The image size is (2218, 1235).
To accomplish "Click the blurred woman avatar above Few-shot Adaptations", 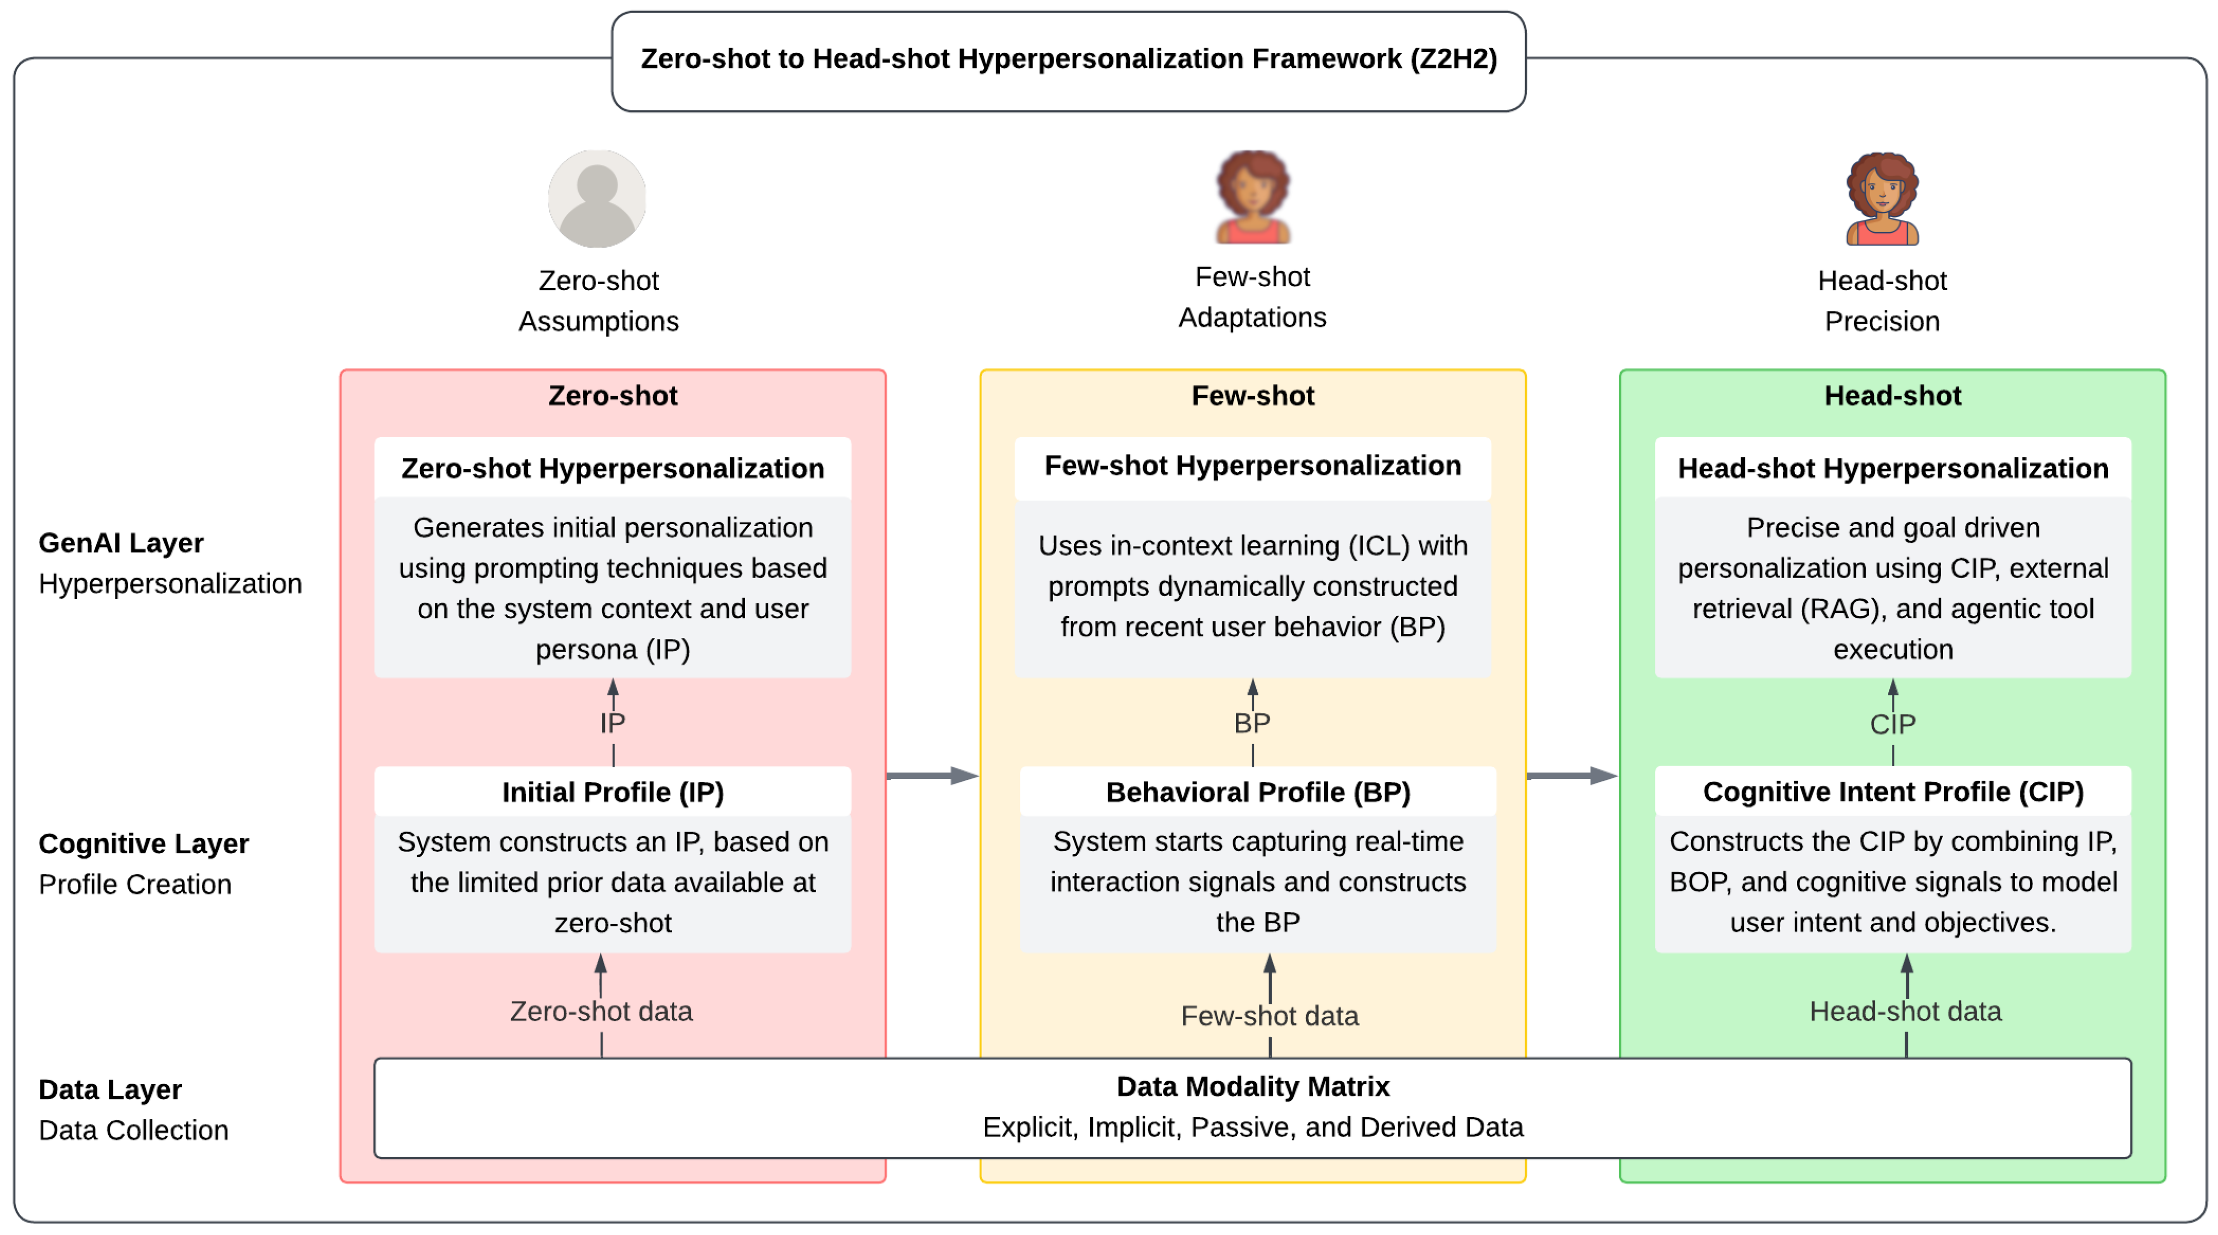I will (1253, 197).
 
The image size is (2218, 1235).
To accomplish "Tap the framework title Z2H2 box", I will (1069, 59).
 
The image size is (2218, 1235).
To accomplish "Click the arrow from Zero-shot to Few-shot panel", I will (933, 776).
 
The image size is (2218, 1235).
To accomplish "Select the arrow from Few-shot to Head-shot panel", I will (1572, 776).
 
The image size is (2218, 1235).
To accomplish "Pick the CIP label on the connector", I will (1893, 724).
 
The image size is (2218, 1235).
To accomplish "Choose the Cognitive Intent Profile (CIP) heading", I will (1893, 792).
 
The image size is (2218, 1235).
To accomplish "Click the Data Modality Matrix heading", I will (1253, 1086).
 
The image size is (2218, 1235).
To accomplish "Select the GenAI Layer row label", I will (121, 543).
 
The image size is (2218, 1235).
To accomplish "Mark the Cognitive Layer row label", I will (144, 843).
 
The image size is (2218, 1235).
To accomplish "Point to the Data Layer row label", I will (110, 1089).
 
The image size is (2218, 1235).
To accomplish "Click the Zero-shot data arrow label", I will (601, 1011).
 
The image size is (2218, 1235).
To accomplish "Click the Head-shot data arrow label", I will (1905, 1011).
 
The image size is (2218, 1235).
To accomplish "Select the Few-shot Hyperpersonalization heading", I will (1253, 466).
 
